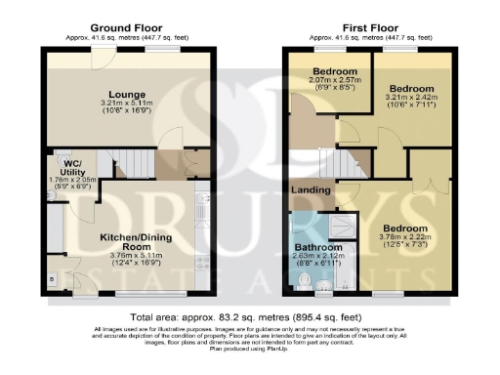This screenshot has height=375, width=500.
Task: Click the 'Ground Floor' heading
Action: [x=127, y=25]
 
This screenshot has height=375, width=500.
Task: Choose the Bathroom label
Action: [x=318, y=247]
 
